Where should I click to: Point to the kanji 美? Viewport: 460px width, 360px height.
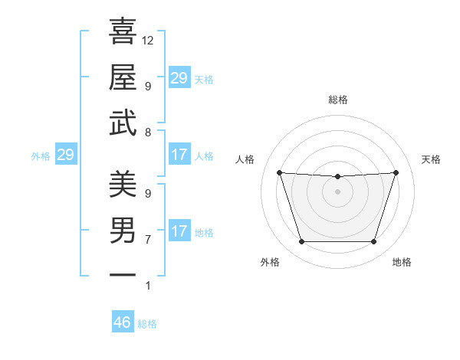pyautogui.click(x=123, y=184)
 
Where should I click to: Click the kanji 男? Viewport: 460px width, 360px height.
pyautogui.click(x=123, y=230)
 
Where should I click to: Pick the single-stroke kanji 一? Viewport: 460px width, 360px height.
pyautogui.click(x=123, y=273)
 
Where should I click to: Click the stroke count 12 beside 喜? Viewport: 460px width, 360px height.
pyautogui.click(x=148, y=40)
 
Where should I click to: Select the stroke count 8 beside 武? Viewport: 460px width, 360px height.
pyautogui.click(x=148, y=133)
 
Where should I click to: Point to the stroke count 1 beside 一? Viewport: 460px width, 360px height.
pyautogui.click(x=148, y=286)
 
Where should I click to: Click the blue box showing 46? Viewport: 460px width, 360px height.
pyautogui.click(x=123, y=322)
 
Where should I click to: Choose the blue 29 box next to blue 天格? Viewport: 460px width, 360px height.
pyautogui.click(x=179, y=78)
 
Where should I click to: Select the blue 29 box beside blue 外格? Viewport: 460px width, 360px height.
pyautogui.click(x=65, y=155)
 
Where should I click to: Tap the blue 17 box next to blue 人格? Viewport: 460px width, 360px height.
pyautogui.click(x=179, y=155)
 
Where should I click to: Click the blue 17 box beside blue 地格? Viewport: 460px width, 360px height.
pyautogui.click(x=179, y=231)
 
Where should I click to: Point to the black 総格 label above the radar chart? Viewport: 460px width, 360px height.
pyautogui.click(x=337, y=100)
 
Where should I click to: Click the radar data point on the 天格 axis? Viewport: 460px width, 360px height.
pyautogui.click(x=396, y=172)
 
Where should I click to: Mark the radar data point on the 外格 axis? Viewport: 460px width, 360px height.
pyautogui.click(x=301, y=242)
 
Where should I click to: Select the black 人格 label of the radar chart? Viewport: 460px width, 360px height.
pyautogui.click(x=245, y=159)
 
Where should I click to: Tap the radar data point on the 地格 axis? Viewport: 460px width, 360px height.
pyautogui.click(x=373, y=242)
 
